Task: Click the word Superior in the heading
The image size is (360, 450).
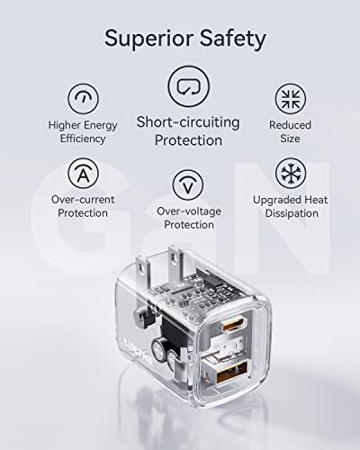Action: [x=148, y=38]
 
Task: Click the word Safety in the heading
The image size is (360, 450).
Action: [x=233, y=40]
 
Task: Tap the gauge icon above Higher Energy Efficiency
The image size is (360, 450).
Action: [x=83, y=99]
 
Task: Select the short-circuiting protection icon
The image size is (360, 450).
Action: [x=188, y=86]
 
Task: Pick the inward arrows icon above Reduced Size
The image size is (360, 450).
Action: [x=291, y=99]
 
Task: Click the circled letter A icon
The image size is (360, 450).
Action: [x=83, y=173]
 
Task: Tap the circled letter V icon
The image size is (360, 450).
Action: [x=188, y=184]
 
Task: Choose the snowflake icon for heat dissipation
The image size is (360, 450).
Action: [x=291, y=173]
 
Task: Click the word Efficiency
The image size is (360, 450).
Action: [x=83, y=139]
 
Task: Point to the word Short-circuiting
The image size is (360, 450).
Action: [x=188, y=122]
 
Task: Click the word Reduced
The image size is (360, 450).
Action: [x=290, y=125]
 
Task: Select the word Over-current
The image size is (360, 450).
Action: [x=83, y=200]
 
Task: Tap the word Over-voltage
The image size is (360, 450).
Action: [x=189, y=211]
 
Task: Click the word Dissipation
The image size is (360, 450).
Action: [x=292, y=213]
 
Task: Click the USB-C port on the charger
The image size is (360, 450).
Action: [x=234, y=325]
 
